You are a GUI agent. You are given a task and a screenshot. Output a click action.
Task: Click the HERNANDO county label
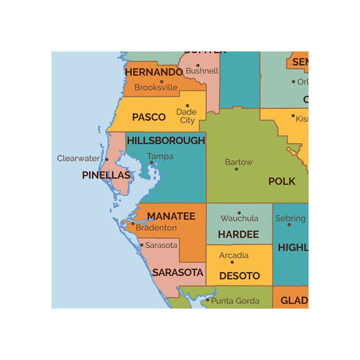pos(154,72)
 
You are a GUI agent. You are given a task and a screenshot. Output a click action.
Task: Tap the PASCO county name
pos(149,117)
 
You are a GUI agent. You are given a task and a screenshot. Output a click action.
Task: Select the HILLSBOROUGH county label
pos(166,140)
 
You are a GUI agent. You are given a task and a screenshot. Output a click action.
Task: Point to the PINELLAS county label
pos(106,175)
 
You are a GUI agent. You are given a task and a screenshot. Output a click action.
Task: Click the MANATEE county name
pos(171,217)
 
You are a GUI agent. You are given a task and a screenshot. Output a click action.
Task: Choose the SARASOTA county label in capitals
pos(178,273)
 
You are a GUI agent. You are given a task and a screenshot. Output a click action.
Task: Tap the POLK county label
pos(282,181)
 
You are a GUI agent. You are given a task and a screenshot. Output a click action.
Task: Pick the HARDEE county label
pos(238,235)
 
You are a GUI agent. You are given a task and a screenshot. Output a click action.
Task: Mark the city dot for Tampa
pos(151,163)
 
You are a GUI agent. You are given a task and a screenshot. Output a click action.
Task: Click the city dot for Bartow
pos(237,169)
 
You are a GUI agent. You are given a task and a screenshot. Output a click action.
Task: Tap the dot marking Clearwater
pos(107,159)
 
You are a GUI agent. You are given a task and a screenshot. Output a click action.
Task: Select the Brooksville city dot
pos(161,81)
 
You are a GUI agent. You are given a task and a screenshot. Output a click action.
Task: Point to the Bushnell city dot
pos(197,66)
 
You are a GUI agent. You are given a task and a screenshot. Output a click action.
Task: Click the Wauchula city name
pos(239,218)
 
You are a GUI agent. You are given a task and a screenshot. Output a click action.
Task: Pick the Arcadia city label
pos(233,255)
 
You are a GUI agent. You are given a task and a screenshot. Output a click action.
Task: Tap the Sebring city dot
pos(289,224)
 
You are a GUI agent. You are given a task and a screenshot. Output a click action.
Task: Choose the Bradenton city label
pos(157,228)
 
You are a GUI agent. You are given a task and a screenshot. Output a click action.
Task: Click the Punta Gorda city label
pos(235,301)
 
